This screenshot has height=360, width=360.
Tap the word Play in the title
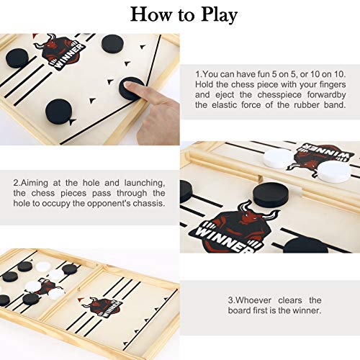click(x=216, y=14)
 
